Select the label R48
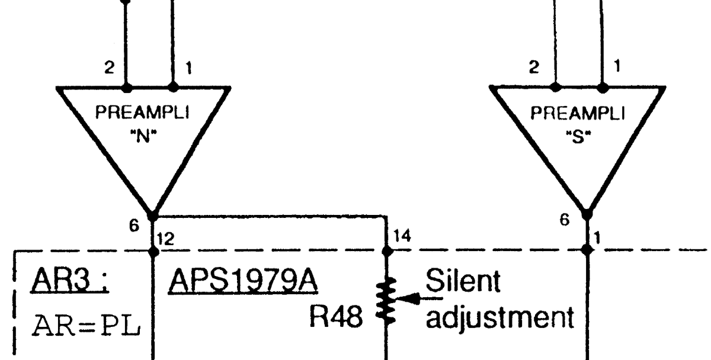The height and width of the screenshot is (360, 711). point(335,319)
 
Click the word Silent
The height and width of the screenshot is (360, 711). point(463,282)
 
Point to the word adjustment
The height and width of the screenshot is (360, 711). point(500,319)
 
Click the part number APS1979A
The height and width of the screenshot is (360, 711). point(244,282)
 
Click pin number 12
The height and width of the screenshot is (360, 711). point(166,239)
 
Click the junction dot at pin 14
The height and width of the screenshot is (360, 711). point(387,250)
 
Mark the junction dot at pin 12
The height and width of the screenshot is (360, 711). point(153,250)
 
